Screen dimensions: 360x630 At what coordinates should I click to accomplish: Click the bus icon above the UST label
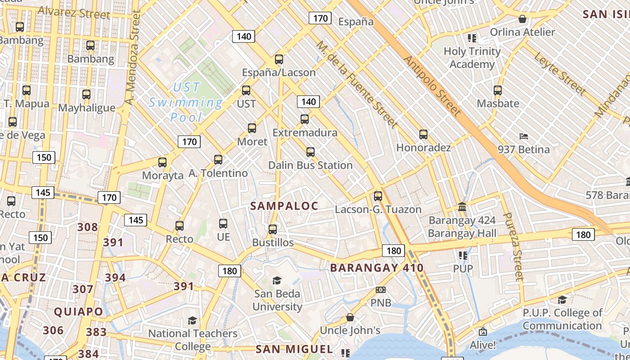point(246,90)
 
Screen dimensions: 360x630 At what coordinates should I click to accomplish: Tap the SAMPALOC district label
point(284,206)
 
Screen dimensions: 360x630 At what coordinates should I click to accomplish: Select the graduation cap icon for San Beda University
point(277,281)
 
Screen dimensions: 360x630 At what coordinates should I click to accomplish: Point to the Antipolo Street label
point(432,85)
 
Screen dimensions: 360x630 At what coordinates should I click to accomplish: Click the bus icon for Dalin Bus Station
point(310,152)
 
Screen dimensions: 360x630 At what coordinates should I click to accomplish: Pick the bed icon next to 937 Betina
point(523,136)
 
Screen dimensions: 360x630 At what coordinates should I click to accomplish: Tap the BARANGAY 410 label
point(377,268)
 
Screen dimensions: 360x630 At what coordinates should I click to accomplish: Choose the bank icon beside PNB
point(381,290)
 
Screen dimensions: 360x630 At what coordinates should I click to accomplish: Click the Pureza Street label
point(513,247)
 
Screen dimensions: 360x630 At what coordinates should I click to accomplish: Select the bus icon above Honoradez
point(423,135)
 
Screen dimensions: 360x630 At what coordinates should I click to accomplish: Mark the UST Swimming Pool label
point(186,103)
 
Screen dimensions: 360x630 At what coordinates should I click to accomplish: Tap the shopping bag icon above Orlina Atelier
point(522,19)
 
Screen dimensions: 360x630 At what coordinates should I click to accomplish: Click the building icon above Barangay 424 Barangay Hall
point(462,207)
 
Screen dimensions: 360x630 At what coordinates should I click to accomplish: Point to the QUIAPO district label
point(78,311)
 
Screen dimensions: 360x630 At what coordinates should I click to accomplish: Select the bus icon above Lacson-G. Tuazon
point(378,196)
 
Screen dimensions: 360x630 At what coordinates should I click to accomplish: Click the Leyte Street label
point(560,74)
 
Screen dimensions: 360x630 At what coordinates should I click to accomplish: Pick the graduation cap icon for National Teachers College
point(193,320)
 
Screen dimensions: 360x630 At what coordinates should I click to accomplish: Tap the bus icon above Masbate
point(498,90)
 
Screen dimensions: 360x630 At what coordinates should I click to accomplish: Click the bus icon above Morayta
point(162,162)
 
